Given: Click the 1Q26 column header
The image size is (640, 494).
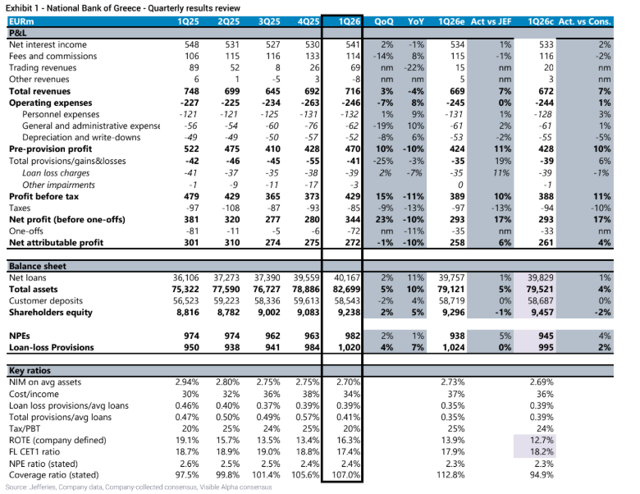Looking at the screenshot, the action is point(350,21).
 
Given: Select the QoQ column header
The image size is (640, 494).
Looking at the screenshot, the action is point(384,21).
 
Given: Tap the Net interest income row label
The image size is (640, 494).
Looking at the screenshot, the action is point(48,44).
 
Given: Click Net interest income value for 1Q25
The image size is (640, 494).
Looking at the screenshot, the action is point(191,44).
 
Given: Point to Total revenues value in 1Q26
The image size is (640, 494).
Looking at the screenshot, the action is point(352,91).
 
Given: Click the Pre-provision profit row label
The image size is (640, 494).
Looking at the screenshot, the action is point(51,149).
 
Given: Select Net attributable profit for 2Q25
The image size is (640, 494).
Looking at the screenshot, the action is point(232,243).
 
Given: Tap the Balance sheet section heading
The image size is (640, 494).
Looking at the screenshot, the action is point(38,266).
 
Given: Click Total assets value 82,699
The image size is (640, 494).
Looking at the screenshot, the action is point(347,290).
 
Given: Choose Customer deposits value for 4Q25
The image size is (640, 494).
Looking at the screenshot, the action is point(306,301).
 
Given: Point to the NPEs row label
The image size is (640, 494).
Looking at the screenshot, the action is point(20,336).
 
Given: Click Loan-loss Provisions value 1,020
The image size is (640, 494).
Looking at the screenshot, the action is point(349,347).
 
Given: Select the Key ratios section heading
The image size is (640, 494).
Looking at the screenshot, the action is point(30,371).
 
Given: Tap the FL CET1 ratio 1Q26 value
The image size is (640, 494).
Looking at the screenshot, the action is point(348,452).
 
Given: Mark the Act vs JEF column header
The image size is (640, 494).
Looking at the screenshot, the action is point(491,21).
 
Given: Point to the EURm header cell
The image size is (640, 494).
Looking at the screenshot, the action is point(21,21).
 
